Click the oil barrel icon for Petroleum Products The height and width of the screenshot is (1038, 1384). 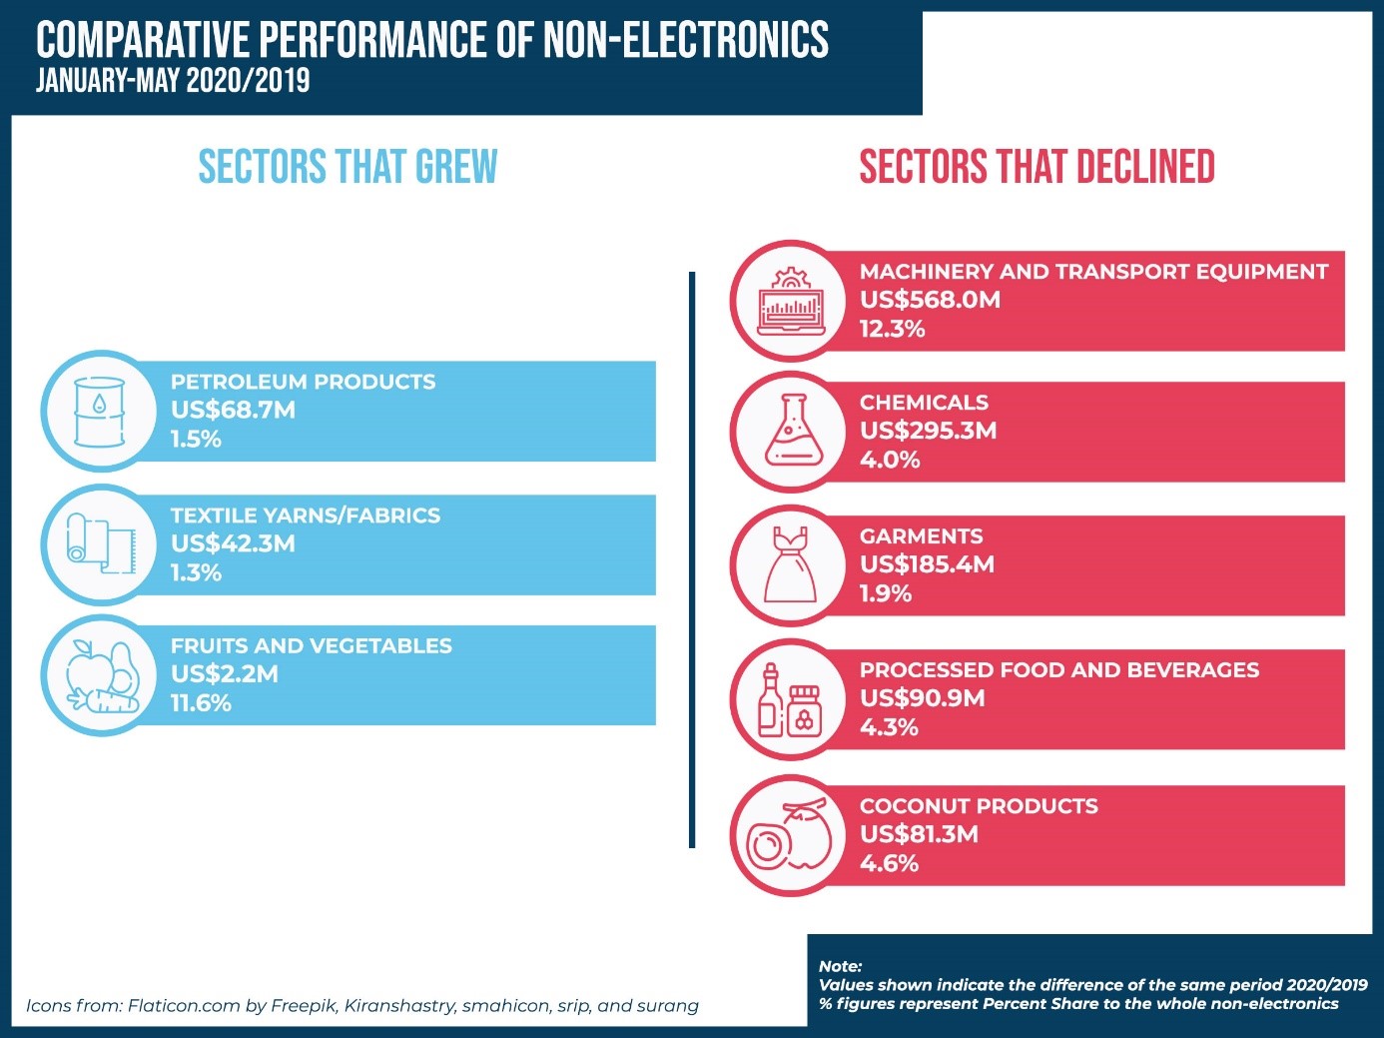pos(100,412)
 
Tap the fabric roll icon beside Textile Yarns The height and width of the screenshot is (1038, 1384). pos(100,544)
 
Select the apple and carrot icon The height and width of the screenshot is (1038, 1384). pos(101,676)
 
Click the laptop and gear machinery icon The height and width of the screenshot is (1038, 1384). pos(791,301)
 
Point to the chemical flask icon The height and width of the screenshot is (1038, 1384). pos(794,431)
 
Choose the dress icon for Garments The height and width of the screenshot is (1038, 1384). pos(790,564)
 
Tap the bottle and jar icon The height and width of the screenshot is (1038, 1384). pos(789,699)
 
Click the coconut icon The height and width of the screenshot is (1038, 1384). pos(790,835)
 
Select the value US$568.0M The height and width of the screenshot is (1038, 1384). pos(930,300)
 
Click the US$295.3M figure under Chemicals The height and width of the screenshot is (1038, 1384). pos(928,431)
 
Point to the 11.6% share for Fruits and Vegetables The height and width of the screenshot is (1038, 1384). pos(201,703)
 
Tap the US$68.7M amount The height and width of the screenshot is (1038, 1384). pos(233,410)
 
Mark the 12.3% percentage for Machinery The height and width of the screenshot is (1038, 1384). pos(892,329)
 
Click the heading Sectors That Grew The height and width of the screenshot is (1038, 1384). pos(347,167)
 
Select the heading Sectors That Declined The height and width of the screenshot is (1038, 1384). pos(1037,167)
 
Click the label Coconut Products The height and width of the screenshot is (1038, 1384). pos(979,806)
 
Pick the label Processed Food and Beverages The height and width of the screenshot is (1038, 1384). pos(1059,670)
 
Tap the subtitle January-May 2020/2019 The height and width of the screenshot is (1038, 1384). pos(173,81)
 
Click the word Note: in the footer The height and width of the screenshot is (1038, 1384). pos(840,966)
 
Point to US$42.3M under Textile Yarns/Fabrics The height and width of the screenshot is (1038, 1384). pos(233,543)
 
